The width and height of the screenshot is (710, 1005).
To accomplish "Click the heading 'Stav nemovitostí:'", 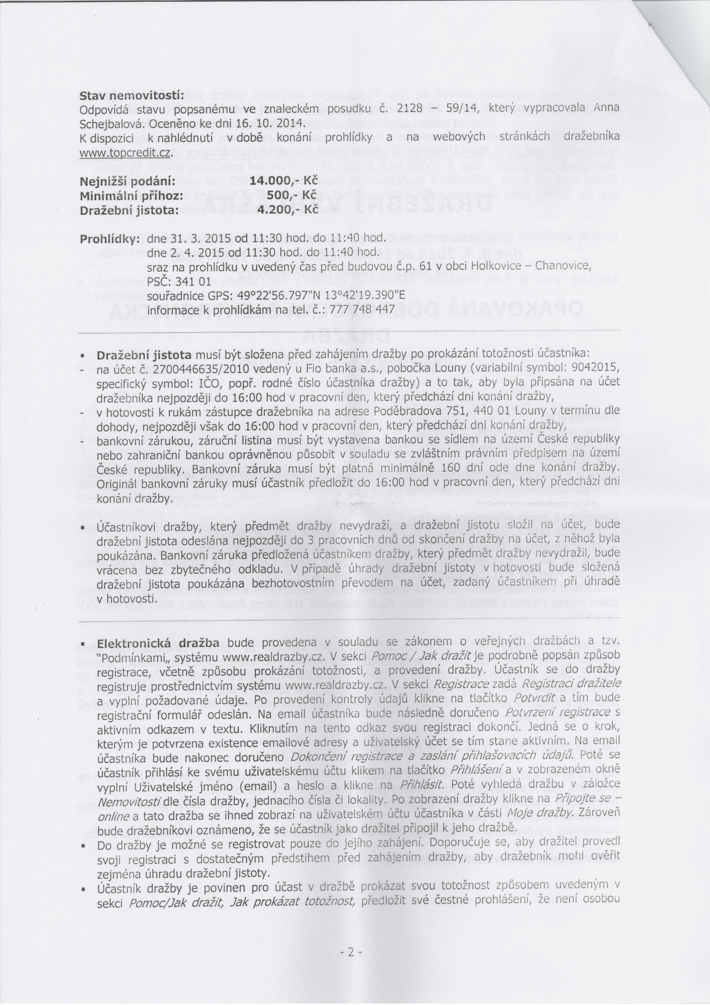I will [x=131, y=95].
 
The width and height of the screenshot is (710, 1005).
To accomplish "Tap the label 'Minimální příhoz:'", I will [x=131, y=194].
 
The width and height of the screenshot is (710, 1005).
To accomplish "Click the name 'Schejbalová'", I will [x=109, y=121].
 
